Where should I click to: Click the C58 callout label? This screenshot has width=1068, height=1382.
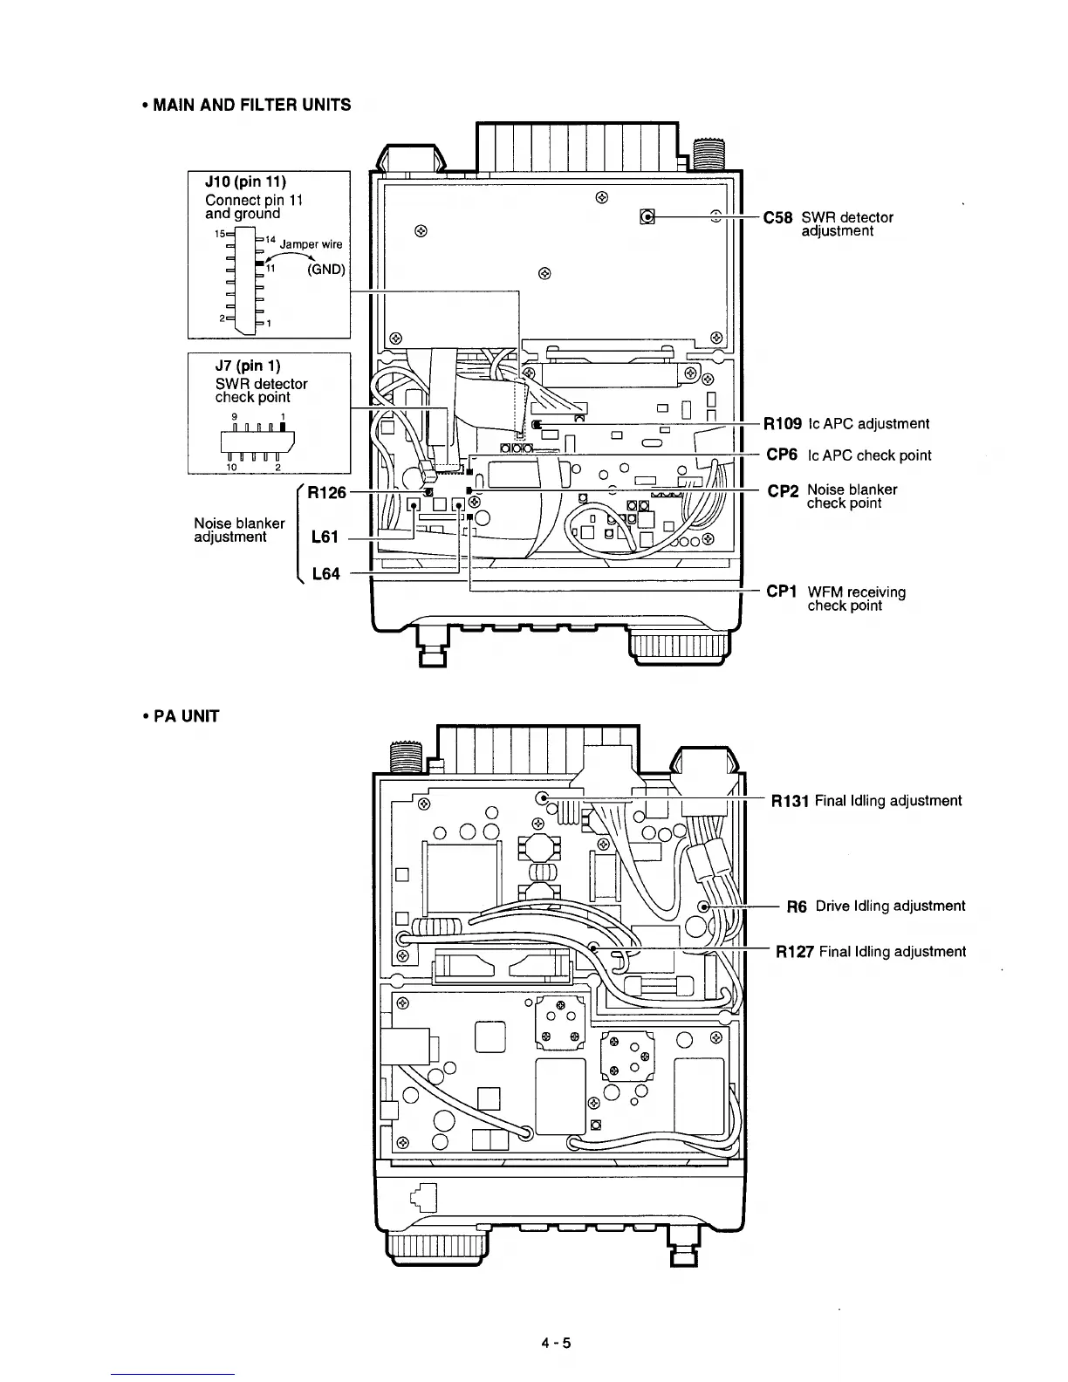777,217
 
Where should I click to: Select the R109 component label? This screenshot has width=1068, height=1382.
783,424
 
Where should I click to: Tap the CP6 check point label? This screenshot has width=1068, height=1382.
782,455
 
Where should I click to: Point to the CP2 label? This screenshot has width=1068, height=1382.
783,490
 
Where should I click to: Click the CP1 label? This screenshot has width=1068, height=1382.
782,592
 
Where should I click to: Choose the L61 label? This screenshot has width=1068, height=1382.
325,537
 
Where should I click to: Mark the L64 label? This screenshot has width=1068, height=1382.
325,574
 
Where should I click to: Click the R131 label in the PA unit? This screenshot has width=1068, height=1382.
790,800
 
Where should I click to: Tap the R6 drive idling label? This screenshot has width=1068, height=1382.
797,906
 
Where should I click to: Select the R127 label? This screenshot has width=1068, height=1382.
794,951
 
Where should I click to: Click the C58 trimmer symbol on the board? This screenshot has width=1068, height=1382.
647,216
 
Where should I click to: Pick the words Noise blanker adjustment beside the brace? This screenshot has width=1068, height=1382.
239,530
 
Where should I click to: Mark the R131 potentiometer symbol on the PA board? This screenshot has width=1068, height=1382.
543,797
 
